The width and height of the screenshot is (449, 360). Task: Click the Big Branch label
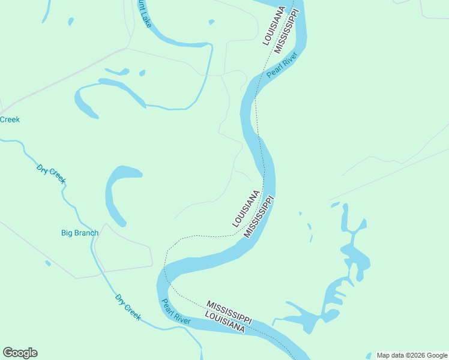point(79,233)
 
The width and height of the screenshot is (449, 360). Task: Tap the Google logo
point(20,353)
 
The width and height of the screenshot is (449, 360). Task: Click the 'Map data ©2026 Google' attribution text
point(412,355)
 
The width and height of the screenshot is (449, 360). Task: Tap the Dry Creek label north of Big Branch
point(51,174)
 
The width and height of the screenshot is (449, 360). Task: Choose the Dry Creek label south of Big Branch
point(128,307)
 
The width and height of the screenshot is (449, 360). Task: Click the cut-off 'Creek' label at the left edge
point(10,119)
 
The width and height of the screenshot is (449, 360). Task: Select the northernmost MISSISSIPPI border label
point(286,31)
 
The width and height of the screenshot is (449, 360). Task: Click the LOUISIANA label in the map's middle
point(246,208)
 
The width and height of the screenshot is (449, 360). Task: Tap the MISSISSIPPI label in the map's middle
point(259,216)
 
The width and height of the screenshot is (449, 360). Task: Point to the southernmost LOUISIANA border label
point(224,322)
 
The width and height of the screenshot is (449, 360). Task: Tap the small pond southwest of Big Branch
point(48,263)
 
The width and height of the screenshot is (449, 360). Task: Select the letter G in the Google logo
point(8,353)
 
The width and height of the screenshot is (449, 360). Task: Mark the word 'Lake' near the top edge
point(145,18)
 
